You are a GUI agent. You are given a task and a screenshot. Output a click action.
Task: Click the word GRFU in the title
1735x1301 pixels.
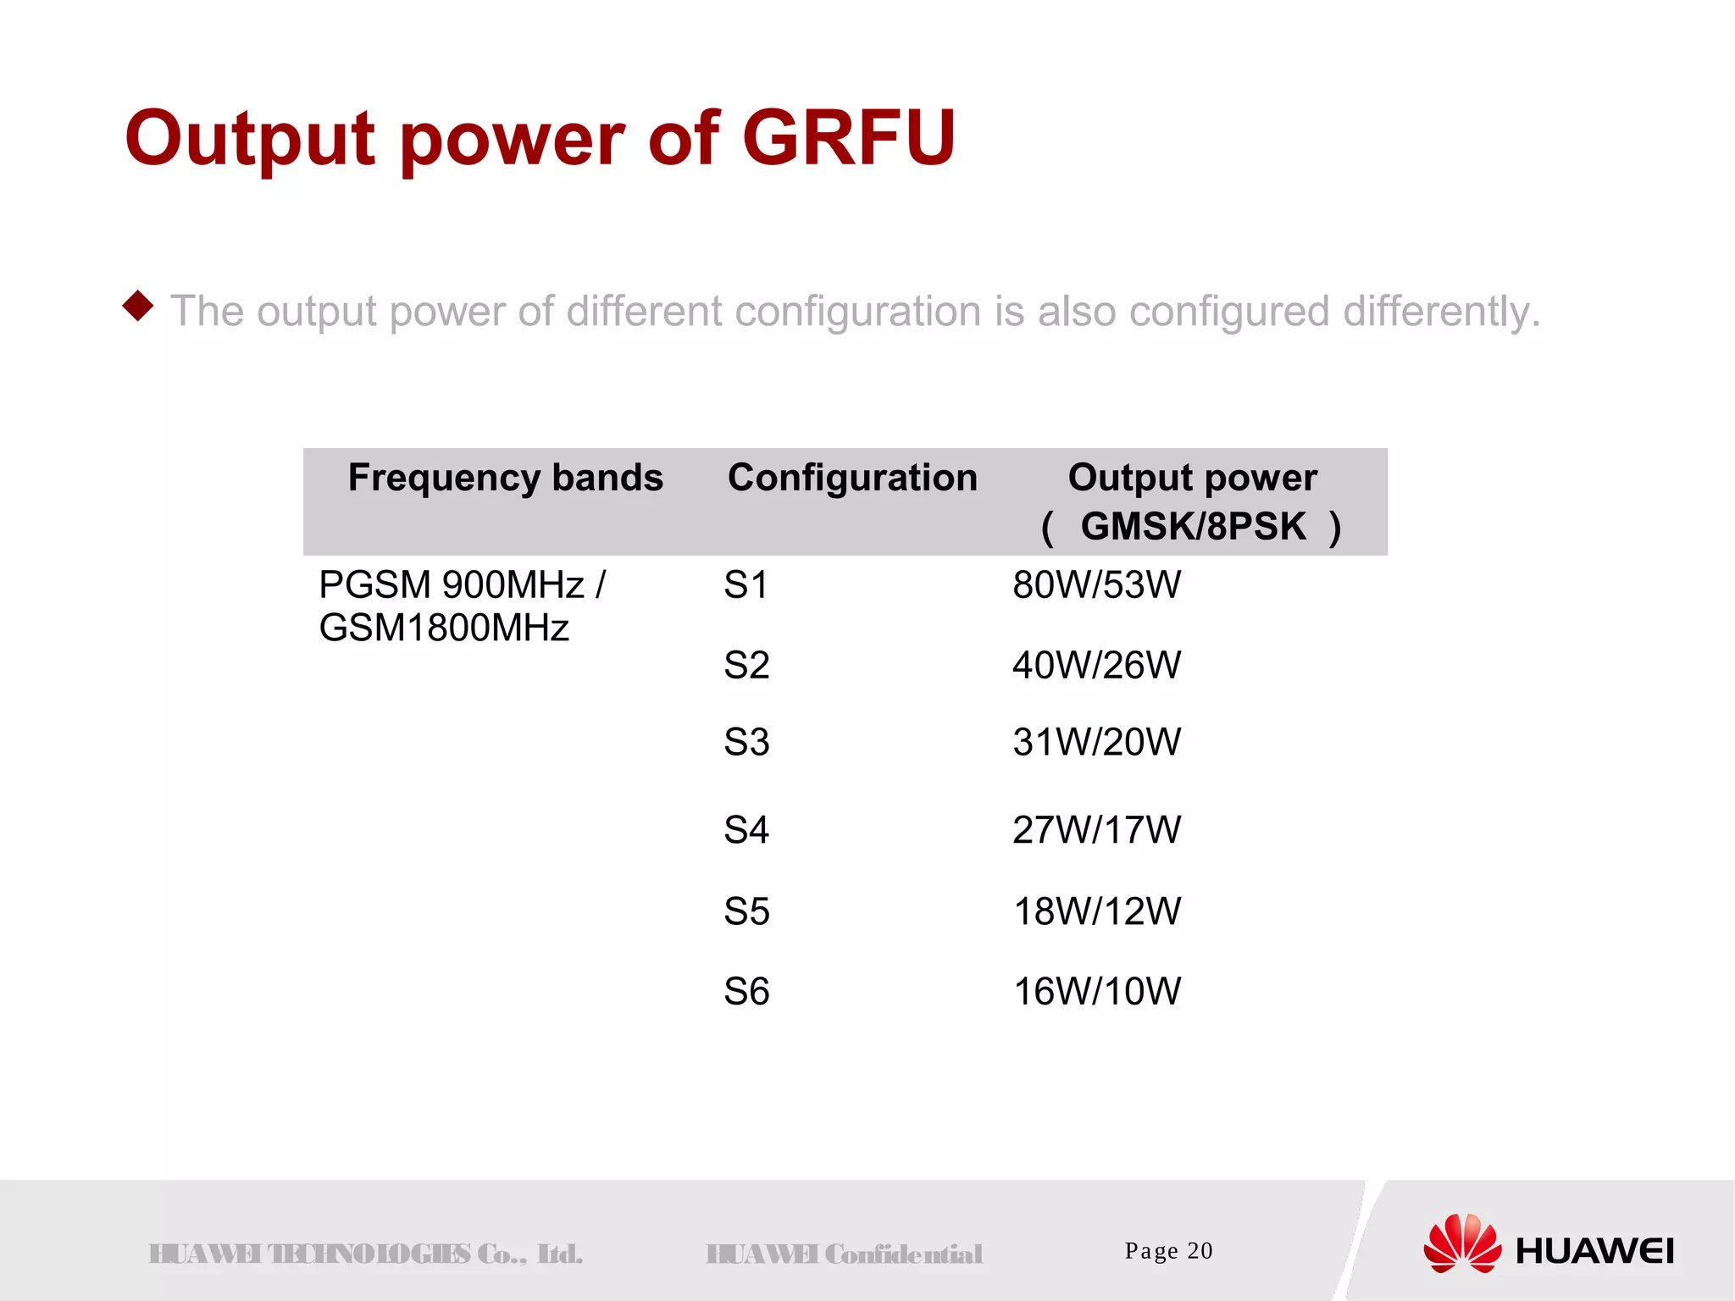(x=849, y=137)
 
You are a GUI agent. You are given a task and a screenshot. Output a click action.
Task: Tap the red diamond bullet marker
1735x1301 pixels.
(x=138, y=306)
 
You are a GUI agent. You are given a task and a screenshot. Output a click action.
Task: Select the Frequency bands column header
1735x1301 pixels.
(x=505, y=478)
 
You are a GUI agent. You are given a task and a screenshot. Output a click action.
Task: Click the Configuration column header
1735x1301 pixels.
(x=852, y=478)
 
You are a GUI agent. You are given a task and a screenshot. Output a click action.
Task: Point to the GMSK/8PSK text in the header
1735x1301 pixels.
(x=1193, y=527)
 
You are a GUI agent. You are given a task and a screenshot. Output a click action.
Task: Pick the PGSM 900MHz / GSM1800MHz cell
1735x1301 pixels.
(x=462, y=606)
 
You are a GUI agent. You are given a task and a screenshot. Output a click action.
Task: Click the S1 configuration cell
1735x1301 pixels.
(x=746, y=585)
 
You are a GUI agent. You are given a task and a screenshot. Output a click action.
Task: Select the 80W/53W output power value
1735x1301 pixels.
(x=1096, y=585)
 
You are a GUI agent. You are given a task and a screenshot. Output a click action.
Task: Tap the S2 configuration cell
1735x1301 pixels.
(x=746, y=665)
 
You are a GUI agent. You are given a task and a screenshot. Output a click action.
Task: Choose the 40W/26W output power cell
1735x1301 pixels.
(x=1096, y=665)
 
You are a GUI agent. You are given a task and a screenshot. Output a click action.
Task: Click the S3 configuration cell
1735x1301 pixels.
(x=746, y=742)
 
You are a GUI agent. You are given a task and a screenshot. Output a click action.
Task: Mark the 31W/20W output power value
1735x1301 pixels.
(x=1096, y=742)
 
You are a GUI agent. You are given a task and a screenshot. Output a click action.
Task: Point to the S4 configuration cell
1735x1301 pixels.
(x=746, y=830)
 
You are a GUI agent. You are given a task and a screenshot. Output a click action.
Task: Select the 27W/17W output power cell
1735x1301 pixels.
(x=1096, y=830)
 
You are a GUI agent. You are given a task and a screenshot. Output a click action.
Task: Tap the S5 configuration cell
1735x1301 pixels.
(x=746, y=911)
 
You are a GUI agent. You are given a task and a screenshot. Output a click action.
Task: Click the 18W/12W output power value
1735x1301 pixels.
(x=1096, y=911)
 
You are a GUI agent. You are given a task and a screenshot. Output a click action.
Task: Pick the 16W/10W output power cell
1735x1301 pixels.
(x=1096, y=991)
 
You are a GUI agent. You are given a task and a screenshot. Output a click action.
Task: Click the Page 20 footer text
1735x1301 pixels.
(x=1168, y=1251)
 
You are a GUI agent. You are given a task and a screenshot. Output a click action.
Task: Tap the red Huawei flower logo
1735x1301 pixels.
(x=1461, y=1243)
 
